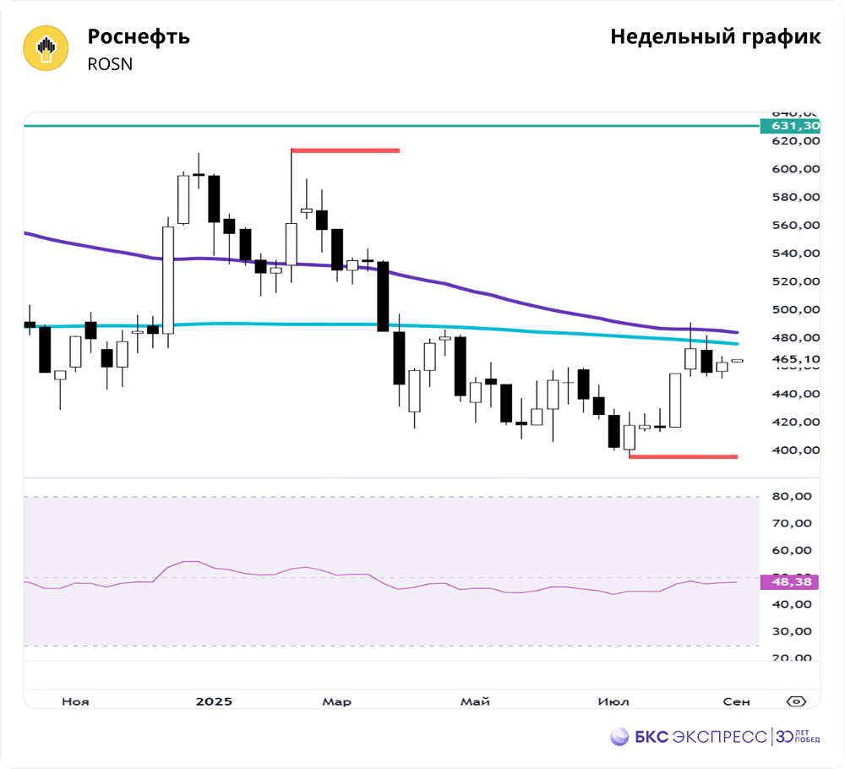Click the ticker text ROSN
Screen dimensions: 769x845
click(x=110, y=64)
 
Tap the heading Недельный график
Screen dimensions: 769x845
click(x=715, y=37)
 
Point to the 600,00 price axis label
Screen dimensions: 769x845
click(x=797, y=169)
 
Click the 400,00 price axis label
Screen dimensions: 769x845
click(x=797, y=450)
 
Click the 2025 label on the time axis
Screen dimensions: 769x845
click(x=213, y=701)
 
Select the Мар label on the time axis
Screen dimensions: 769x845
click(x=337, y=701)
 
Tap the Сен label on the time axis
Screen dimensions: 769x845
click(x=736, y=701)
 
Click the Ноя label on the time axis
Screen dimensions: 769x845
click(x=76, y=701)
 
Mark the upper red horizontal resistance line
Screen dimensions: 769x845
click(x=345, y=151)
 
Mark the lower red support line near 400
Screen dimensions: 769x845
click(x=683, y=457)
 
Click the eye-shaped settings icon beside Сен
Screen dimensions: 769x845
click(x=795, y=701)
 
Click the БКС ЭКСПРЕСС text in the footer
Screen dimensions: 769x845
click(x=701, y=737)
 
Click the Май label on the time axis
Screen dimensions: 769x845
click(x=475, y=701)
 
